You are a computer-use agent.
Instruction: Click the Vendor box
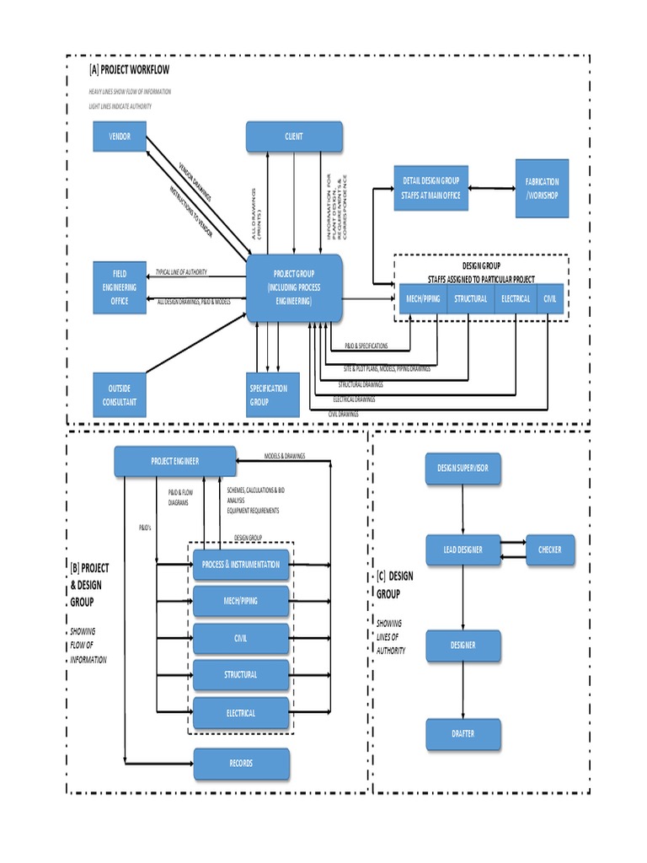pyautogui.click(x=120, y=137)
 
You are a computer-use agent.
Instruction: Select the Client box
pyautogui.click(x=294, y=137)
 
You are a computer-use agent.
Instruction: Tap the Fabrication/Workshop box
pyautogui.click(x=542, y=188)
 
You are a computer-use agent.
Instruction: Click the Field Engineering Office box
pyautogui.click(x=120, y=287)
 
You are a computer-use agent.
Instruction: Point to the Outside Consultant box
pyautogui.click(x=120, y=395)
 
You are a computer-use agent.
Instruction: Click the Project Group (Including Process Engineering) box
pyautogui.click(x=294, y=288)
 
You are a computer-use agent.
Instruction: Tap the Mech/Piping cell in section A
pyautogui.click(x=419, y=299)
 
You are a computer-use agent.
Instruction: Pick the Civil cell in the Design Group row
pyautogui.click(x=549, y=299)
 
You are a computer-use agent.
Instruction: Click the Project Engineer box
pyautogui.click(x=175, y=461)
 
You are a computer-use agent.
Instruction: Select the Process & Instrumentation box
pyautogui.click(x=242, y=565)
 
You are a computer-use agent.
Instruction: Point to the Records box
pyautogui.click(x=242, y=764)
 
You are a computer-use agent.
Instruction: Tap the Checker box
pyautogui.click(x=550, y=549)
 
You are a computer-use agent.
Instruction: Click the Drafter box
pyautogui.click(x=463, y=734)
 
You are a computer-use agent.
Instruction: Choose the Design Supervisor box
pyautogui.click(x=463, y=467)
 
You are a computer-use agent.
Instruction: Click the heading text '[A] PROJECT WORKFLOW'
pyautogui.click(x=134, y=70)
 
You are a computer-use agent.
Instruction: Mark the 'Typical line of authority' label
pyautogui.click(x=181, y=272)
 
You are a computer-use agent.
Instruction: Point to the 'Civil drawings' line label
pyautogui.click(x=343, y=414)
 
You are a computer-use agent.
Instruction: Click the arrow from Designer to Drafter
pyautogui.click(x=463, y=690)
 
